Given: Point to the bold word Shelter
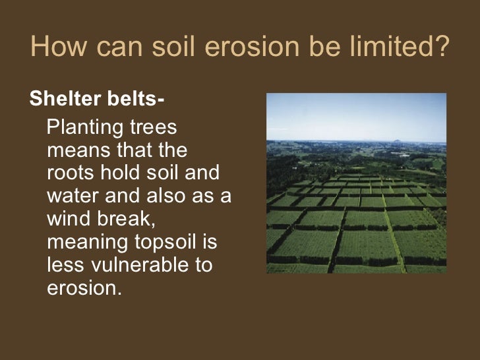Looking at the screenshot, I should click(x=64, y=100).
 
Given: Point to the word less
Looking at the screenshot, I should click(x=67, y=266).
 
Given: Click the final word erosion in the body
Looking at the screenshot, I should click(x=84, y=289).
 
